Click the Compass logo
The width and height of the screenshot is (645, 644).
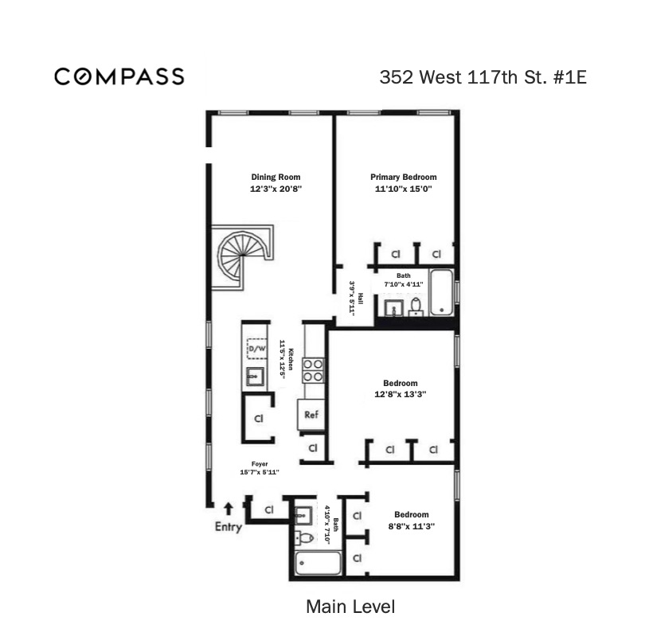coord(119,77)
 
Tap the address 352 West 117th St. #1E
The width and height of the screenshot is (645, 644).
coord(483,77)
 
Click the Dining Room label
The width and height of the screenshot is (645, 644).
coord(276,177)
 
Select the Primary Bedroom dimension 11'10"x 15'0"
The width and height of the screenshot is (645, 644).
coord(403,189)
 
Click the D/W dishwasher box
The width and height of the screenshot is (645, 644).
coord(256,349)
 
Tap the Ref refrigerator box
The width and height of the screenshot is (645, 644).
coord(311,415)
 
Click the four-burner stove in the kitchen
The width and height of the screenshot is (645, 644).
coord(314,370)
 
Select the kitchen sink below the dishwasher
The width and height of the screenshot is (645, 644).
coord(255,377)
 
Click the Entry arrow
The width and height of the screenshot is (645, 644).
coord(229,509)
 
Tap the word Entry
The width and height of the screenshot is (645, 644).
coord(229,527)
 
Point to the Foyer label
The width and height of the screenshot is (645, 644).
coord(260,464)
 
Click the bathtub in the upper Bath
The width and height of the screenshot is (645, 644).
coord(442,292)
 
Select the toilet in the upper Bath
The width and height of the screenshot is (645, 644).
coord(416,306)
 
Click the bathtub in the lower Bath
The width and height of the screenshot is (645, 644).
coord(318,563)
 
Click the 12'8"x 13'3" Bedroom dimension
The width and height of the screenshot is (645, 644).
coord(401,394)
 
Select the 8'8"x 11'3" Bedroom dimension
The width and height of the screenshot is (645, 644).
coord(412,526)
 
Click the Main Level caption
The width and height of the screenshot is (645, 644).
coord(350,607)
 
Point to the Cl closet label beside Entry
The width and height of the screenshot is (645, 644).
coord(269,510)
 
